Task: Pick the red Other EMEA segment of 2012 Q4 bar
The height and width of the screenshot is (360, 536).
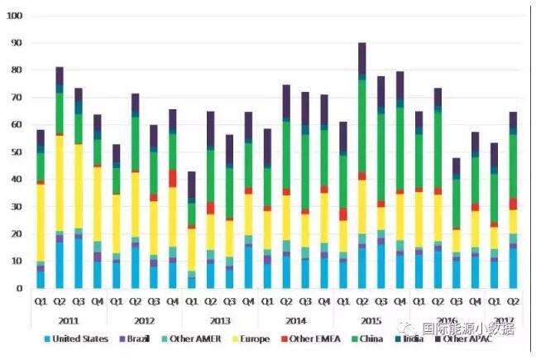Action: (x=173, y=178)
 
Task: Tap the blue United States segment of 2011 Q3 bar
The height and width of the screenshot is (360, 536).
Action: (x=79, y=263)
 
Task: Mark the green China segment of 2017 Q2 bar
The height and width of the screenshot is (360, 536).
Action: (x=514, y=166)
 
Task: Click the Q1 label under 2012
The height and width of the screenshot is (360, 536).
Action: (x=117, y=300)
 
